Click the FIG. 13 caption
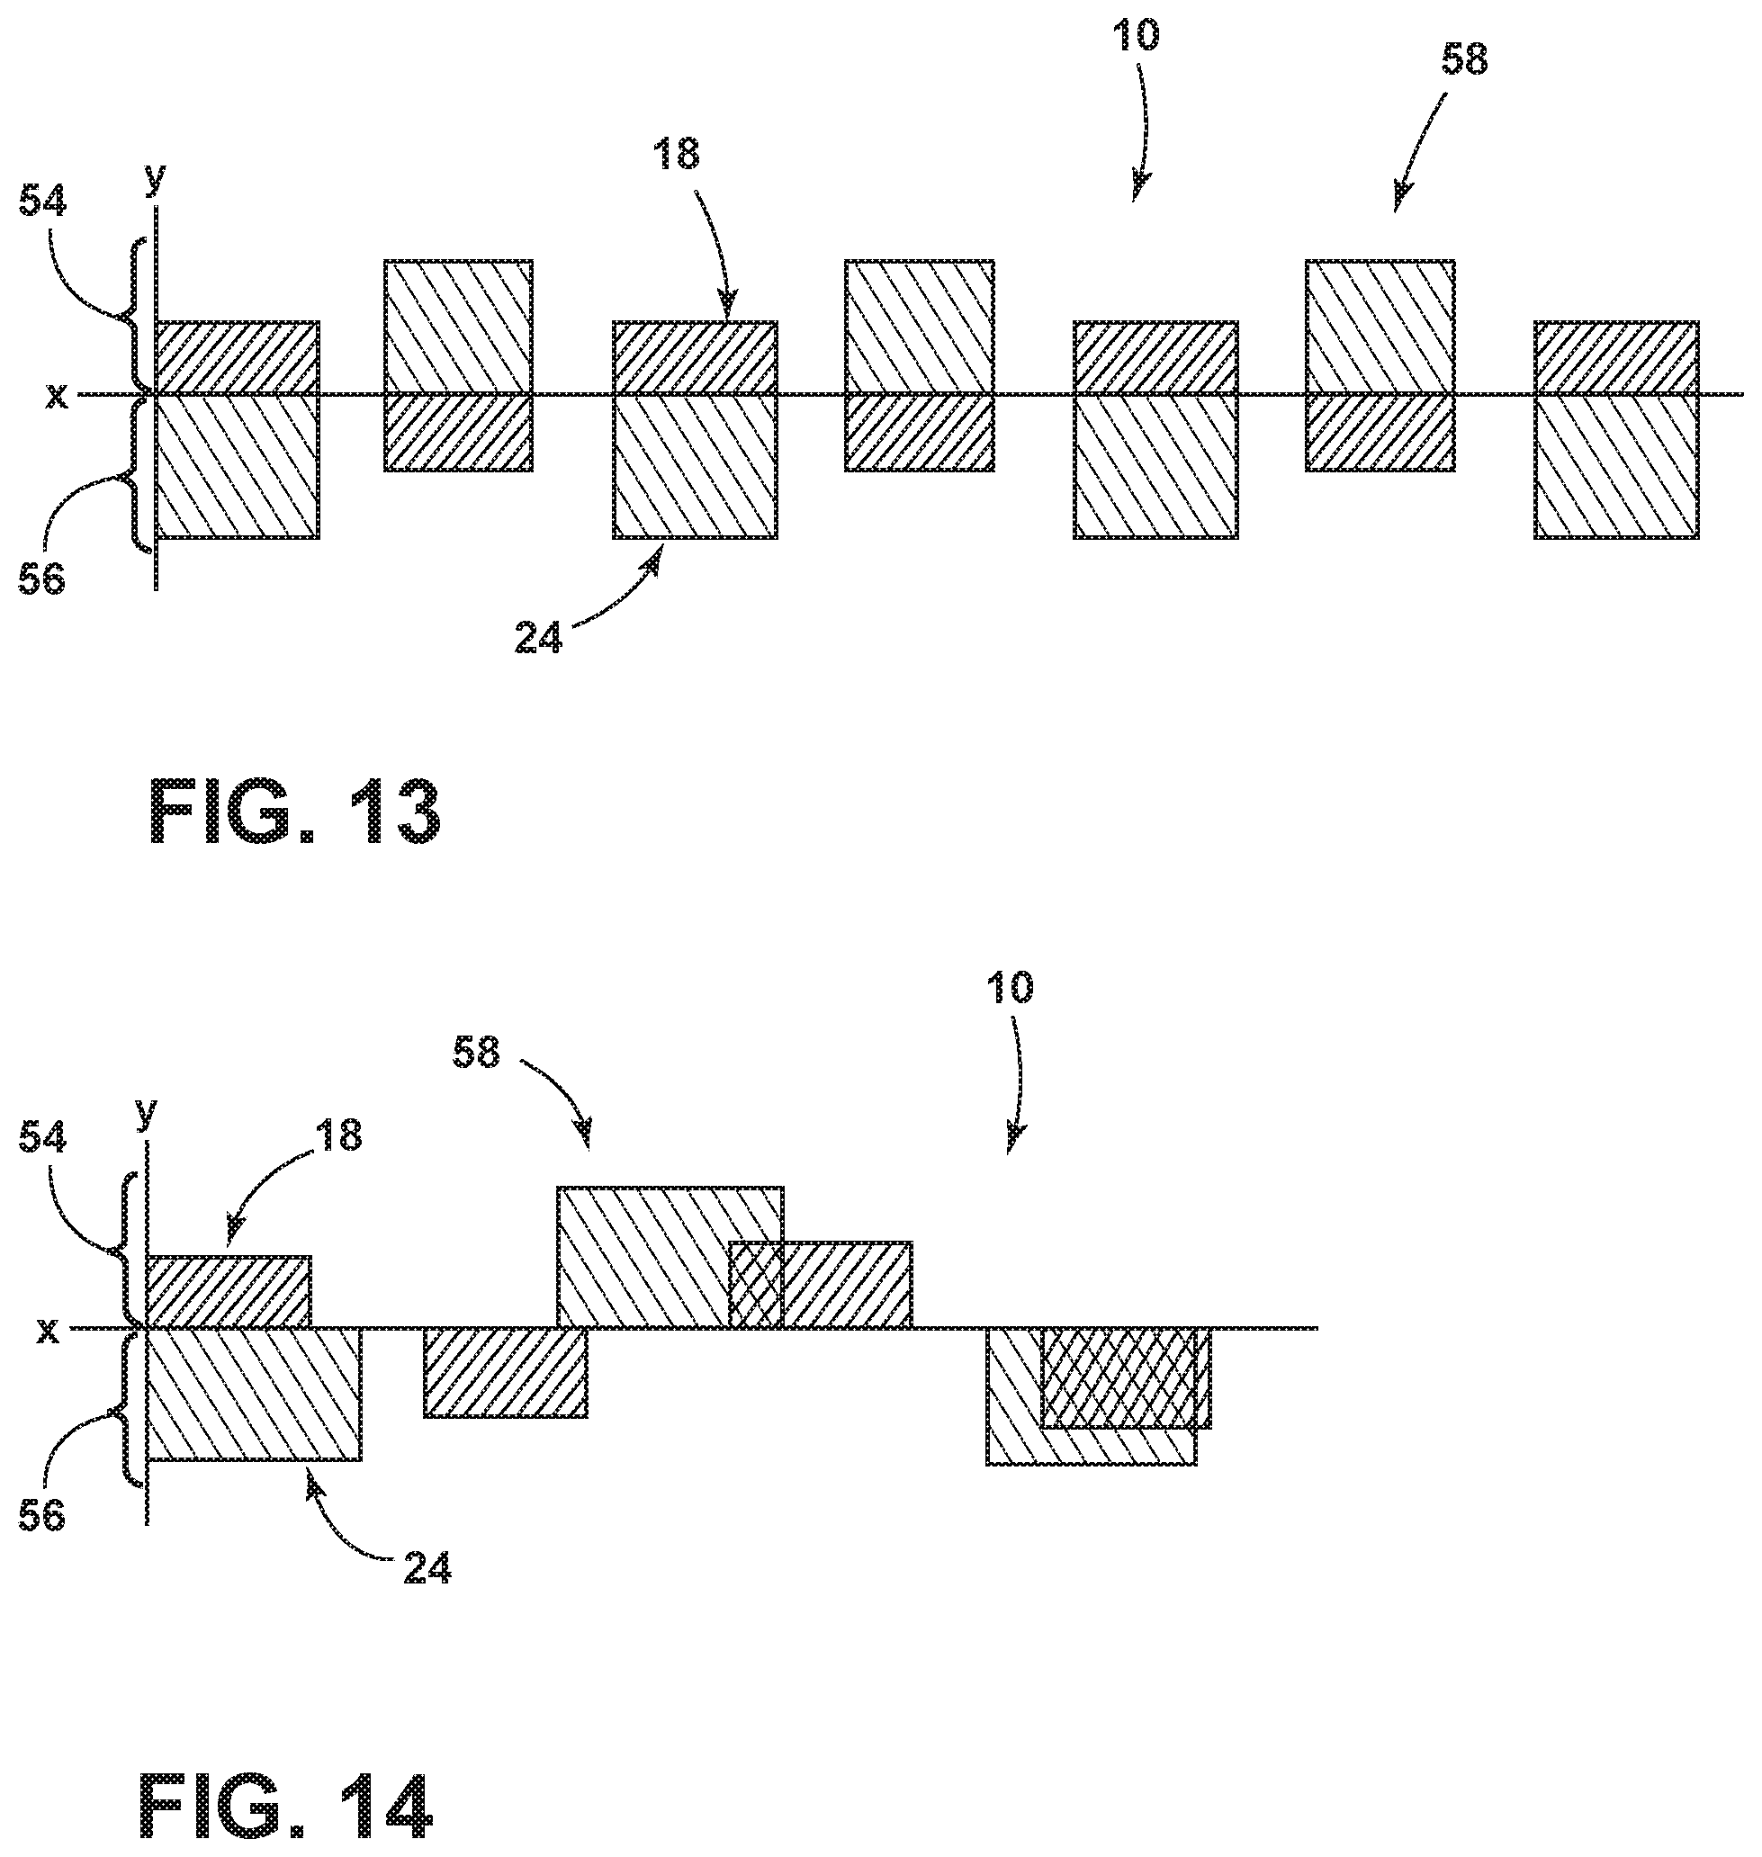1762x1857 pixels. click(x=295, y=815)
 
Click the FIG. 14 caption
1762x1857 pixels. click(x=286, y=1807)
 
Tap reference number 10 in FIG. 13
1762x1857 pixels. click(x=1137, y=36)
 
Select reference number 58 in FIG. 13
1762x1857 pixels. click(x=1464, y=59)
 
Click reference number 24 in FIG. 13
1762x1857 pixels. click(x=538, y=639)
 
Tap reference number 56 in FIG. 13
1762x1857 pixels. click(x=42, y=579)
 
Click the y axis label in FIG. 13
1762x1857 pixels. click(x=155, y=178)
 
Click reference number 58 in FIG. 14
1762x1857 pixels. click(x=476, y=1053)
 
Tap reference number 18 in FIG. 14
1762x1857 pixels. click(x=338, y=1136)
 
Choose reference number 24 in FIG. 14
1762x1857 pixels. click(x=427, y=1568)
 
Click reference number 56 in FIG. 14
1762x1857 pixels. click(x=42, y=1515)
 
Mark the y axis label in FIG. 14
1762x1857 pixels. click(x=146, y=1114)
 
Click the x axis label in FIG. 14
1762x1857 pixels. click(x=49, y=1331)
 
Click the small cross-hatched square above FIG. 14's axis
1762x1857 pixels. click(x=756, y=1286)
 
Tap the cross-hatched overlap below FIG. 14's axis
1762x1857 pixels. click(x=1119, y=1378)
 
